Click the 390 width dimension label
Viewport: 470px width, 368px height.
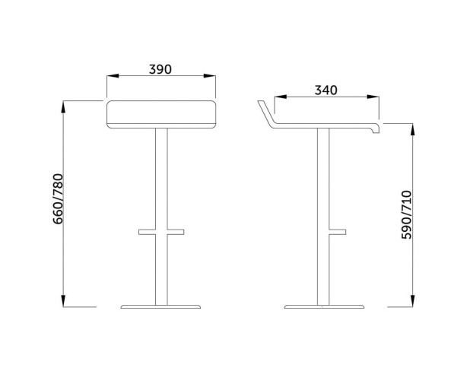(160, 69)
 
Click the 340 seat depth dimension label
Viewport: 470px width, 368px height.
(326, 90)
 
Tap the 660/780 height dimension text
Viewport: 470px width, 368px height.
(58, 198)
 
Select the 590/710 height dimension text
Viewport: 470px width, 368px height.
(407, 214)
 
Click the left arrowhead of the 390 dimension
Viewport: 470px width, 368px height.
(113, 76)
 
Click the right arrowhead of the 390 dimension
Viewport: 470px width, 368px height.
(209, 76)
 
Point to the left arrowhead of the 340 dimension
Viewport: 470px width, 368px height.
(281, 97)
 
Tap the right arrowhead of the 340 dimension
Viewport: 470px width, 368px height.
(373, 97)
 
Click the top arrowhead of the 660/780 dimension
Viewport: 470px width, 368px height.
(63, 107)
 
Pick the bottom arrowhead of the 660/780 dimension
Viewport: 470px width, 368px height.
(63, 301)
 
